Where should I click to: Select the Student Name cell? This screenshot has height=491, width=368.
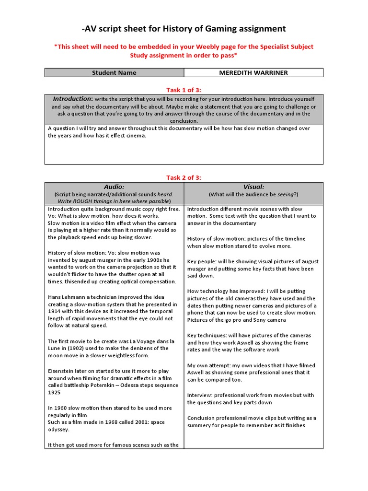click(114, 73)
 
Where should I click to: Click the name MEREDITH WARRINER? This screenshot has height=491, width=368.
click(253, 73)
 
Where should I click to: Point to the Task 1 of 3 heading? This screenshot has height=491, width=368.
click(184, 89)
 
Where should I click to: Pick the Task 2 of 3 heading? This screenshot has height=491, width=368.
click(184, 177)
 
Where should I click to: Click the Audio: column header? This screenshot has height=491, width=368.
click(114, 187)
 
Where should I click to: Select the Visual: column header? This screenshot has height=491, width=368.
click(253, 187)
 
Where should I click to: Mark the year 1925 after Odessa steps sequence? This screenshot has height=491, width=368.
click(55, 393)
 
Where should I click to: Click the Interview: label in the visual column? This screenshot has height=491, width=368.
click(200, 395)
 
